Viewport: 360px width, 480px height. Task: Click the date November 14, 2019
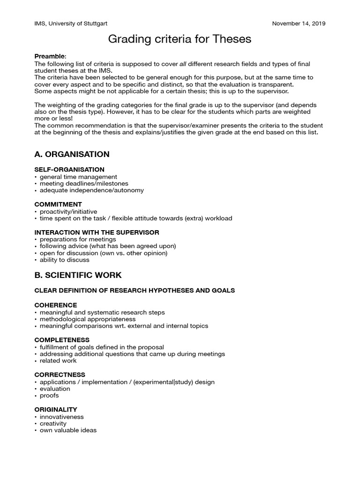click(x=299, y=23)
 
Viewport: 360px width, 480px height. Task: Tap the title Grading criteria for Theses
click(x=180, y=39)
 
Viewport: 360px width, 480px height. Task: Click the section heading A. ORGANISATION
click(x=72, y=154)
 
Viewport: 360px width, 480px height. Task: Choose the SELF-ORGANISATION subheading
click(x=69, y=169)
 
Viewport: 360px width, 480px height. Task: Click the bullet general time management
click(x=78, y=177)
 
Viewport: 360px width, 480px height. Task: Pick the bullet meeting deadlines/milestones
click(x=84, y=184)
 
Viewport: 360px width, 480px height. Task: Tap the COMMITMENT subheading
click(x=58, y=204)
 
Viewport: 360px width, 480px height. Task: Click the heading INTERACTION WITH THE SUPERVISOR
click(x=97, y=232)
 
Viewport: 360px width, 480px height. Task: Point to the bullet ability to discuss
click(x=64, y=260)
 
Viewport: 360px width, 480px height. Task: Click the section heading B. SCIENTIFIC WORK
click(x=78, y=275)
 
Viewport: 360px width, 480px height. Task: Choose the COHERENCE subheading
click(x=56, y=305)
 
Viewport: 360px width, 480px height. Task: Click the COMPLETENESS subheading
click(x=62, y=340)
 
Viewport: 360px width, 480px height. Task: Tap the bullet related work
click(x=58, y=361)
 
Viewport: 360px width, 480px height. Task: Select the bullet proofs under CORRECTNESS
click(x=49, y=396)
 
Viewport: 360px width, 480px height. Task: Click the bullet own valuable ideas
click(x=68, y=430)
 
